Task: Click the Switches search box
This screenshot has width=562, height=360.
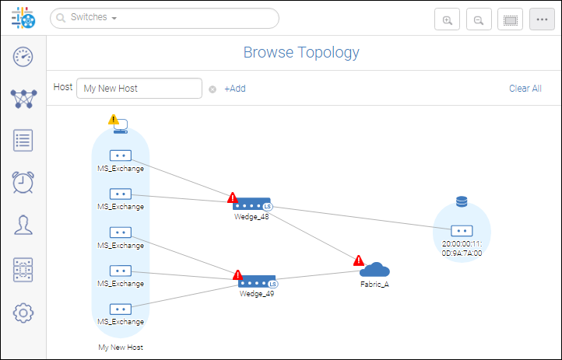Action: [163, 18]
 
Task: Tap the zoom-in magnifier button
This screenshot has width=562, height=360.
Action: [447, 20]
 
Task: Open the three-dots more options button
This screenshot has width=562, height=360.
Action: [542, 20]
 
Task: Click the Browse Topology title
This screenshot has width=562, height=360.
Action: [301, 53]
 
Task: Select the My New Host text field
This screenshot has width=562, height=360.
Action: [139, 89]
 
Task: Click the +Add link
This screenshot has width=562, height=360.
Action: [234, 89]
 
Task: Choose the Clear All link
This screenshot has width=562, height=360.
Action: [525, 89]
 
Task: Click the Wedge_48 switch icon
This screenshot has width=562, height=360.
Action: [252, 204]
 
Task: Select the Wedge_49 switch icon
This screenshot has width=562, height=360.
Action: [258, 279]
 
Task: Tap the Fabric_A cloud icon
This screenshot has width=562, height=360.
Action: [375, 270]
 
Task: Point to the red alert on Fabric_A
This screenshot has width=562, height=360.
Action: [358, 260]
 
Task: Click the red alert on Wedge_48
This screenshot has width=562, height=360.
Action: [232, 198]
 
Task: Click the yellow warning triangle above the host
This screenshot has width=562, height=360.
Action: [114, 120]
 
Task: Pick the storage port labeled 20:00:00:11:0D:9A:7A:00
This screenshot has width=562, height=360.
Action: [462, 231]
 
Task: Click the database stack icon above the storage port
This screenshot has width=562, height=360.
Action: [462, 202]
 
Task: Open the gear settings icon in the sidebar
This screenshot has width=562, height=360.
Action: [23, 313]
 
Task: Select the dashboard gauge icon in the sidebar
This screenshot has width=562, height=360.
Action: [23, 56]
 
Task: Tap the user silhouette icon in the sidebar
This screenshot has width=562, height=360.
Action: [23, 225]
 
